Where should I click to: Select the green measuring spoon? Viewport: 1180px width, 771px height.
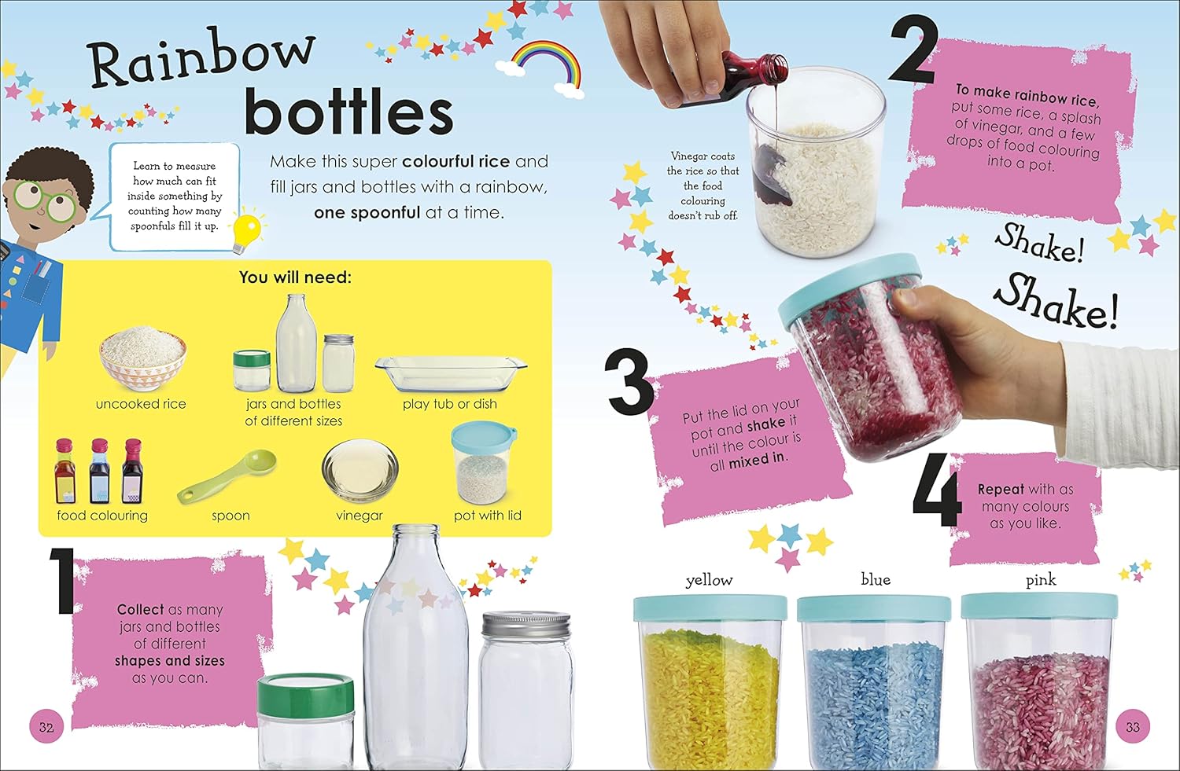[227, 476]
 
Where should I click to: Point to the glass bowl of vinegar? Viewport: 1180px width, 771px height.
[360, 469]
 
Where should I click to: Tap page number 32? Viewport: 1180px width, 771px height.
[46, 727]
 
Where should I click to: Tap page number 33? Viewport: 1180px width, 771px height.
[1133, 727]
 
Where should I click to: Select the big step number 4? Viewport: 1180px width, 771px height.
[937, 489]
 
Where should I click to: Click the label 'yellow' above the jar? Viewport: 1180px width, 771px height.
[709, 581]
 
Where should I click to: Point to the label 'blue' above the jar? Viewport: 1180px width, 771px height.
[876, 579]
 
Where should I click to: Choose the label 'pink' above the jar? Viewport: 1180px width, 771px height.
[1041, 580]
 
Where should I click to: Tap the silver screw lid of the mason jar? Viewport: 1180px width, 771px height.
[526, 624]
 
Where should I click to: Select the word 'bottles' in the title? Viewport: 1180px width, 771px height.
[348, 112]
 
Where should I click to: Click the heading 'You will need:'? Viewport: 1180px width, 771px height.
[295, 277]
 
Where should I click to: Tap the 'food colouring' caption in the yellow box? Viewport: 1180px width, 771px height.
[102, 516]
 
